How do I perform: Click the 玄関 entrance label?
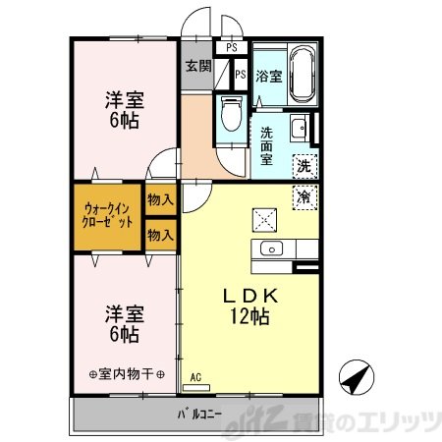click(198, 67)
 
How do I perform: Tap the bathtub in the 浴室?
click(303, 75)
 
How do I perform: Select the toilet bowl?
click(232, 113)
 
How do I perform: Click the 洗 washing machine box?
click(304, 167)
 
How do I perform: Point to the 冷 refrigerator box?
click(304, 197)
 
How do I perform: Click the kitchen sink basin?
click(271, 249)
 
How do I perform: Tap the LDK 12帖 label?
click(250, 306)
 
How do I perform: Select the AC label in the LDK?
click(195, 377)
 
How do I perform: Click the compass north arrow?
click(357, 377)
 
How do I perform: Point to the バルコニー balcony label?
click(199, 414)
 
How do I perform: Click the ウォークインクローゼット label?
click(107, 215)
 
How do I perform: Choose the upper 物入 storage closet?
click(160, 199)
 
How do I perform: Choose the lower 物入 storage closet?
click(160, 235)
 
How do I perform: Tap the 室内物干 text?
click(127, 374)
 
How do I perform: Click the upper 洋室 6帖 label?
click(125, 110)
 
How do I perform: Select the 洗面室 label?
click(267, 145)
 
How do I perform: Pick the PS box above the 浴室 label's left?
click(232, 47)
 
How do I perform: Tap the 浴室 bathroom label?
click(269, 77)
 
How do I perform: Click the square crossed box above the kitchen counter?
click(264, 220)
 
